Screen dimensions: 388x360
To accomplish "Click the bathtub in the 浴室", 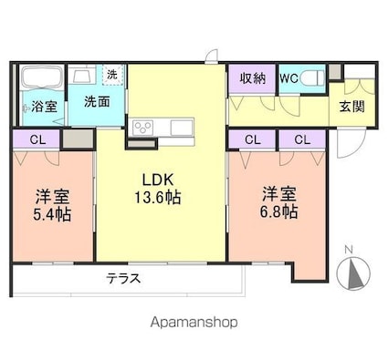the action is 43,77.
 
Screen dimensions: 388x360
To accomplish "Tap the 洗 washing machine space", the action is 113,75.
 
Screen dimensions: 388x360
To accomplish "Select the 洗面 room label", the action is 97,102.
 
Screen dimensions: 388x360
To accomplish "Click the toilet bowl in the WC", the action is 311,78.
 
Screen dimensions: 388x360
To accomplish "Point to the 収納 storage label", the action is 253,78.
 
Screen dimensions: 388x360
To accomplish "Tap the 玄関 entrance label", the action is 352,107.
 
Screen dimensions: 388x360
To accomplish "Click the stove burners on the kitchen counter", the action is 143,128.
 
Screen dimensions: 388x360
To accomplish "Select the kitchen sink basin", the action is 182,128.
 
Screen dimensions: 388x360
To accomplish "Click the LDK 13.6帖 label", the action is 158,189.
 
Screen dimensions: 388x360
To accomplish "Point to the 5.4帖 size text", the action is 52,214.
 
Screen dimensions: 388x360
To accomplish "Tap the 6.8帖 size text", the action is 278,211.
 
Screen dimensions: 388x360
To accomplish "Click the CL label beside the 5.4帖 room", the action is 37,139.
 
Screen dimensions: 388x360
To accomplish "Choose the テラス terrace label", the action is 123,278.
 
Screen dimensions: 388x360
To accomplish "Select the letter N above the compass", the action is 349,250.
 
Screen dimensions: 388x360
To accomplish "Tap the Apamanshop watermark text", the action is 194,323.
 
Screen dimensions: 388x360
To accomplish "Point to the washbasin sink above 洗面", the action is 81,75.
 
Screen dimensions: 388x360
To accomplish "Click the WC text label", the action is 288,78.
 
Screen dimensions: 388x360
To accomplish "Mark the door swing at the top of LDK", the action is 212,56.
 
